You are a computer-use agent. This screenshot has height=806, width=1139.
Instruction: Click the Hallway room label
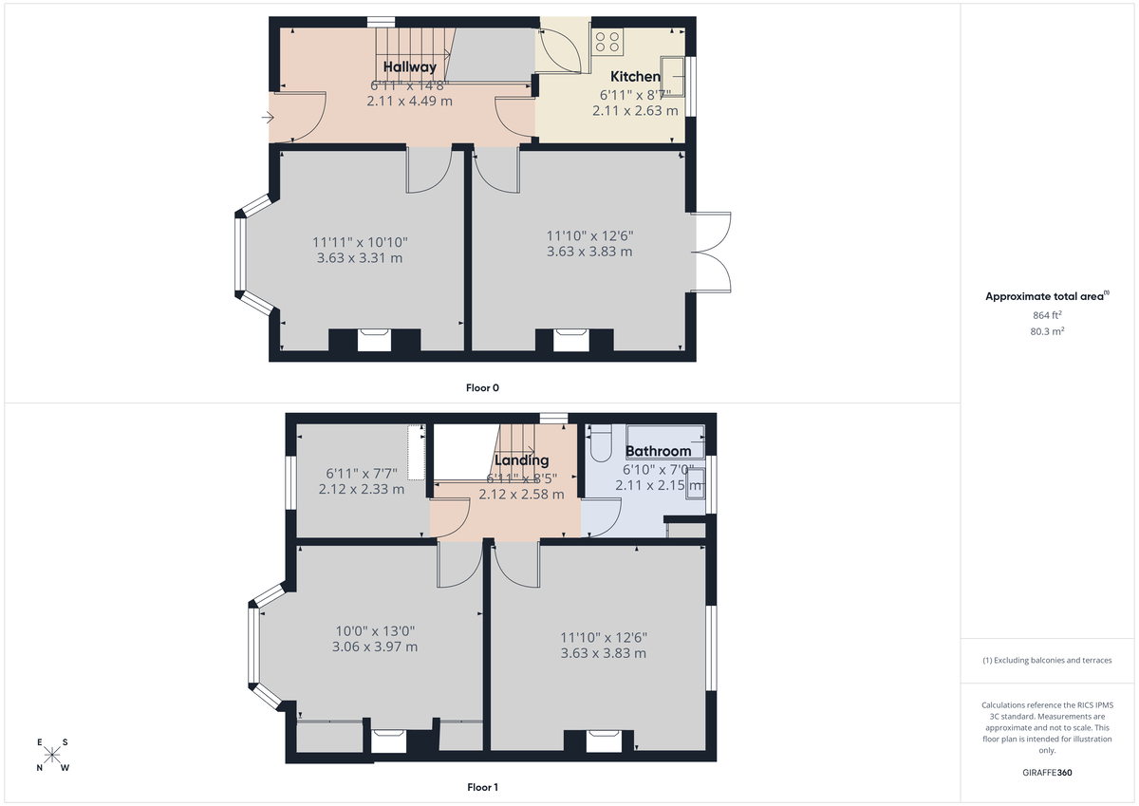tap(410, 66)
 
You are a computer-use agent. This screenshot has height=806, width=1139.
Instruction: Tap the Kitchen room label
tap(635, 76)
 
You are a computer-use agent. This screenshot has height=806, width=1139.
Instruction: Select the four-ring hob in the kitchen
tap(608, 41)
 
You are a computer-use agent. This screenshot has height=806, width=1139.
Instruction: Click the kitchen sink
tap(676, 70)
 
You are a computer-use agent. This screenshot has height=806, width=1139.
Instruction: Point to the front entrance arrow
tap(268, 119)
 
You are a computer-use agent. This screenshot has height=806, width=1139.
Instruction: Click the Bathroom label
tap(658, 451)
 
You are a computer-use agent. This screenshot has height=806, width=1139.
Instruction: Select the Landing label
tap(522, 460)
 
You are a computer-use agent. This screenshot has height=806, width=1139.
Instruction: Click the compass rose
tap(53, 756)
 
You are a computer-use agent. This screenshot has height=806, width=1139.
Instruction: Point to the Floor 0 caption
tap(482, 387)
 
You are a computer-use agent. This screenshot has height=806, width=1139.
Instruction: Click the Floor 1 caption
tap(482, 787)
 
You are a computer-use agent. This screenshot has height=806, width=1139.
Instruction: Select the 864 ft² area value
tap(1047, 314)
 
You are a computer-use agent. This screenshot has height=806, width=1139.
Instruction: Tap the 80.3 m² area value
tap(1047, 331)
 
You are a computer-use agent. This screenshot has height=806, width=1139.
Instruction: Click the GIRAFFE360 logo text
tap(1047, 773)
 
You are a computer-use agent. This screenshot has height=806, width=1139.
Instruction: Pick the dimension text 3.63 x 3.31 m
tap(360, 257)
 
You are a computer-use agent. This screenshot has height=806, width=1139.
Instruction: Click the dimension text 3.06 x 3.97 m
tap(374, 647)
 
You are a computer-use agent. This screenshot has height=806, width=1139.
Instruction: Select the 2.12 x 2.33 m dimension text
tap(362, 490)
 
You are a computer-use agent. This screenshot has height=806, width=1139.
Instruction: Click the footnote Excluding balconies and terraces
tap(1047, 660)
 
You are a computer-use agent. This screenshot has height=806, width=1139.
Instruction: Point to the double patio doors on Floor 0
tap(713, 252)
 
